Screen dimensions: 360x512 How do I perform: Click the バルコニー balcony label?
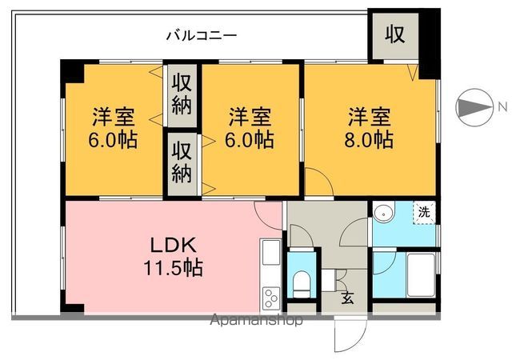[x=201, y=35]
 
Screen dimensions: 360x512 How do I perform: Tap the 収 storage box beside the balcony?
[x=394, y=34]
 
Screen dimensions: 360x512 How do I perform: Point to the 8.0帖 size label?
[x=369, y=140]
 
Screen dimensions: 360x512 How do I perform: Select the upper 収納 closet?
[x=182, y=94]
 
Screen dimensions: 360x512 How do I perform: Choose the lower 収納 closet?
[x=182, y=162]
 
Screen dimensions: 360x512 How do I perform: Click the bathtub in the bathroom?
[x=421, y=275]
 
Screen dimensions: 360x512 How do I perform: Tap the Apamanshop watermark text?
[x=257, y=322]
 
